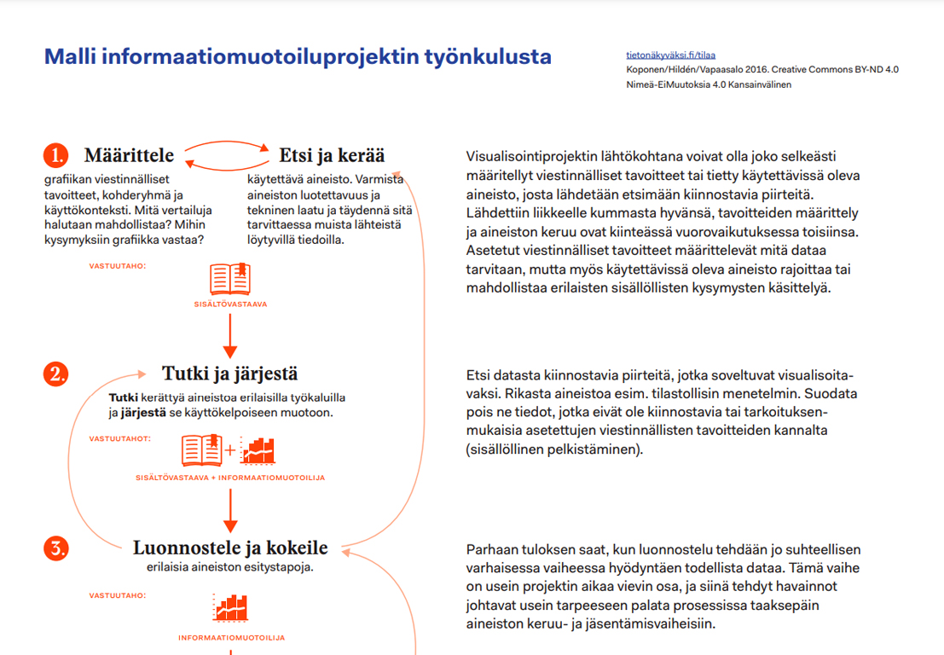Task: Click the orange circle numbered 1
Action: pyautogui.click(x=55, y=155)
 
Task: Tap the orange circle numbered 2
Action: pyautogui.click(x=55, y=374)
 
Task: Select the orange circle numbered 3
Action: pyautogui.click(x=55, y=548)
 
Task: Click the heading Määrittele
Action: pyautogui.click(x=129, y=155)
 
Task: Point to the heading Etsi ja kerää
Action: pyautogui.click(x=332, y=155)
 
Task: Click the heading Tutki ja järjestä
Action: pyautogui.click(x=229, y=374)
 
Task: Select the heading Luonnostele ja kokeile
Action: pyautogui.click(x=230, y=548)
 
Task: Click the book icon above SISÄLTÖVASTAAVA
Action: pyautogui.click(x=230, y=279)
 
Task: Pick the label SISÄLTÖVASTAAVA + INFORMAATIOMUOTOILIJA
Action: pyautogui.click(x=230, y=478)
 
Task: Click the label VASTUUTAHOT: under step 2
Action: pyautogui.click(x=120, y=438)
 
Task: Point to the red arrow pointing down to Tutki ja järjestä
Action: pyautogui.click(x=229, y=339)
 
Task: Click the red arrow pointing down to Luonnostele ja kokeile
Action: pyautogui.click(x=229, y=513)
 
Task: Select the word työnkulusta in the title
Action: pyautogui.click(x=488, y=57)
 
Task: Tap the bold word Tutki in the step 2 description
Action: pyautogui.click(x=125, y=397)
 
